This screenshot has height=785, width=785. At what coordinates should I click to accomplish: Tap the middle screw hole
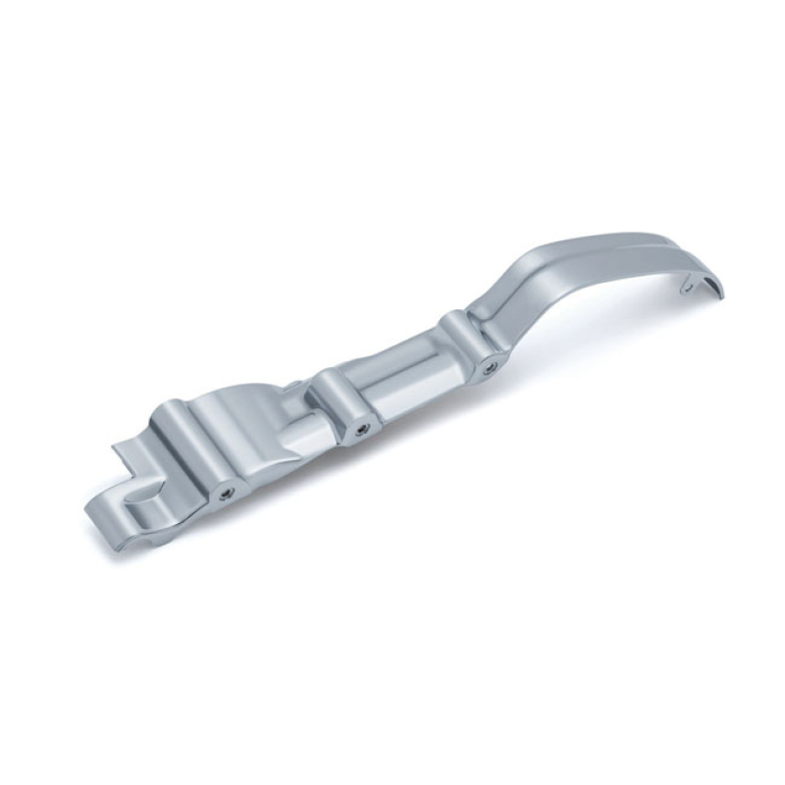[x=363, y=428]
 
